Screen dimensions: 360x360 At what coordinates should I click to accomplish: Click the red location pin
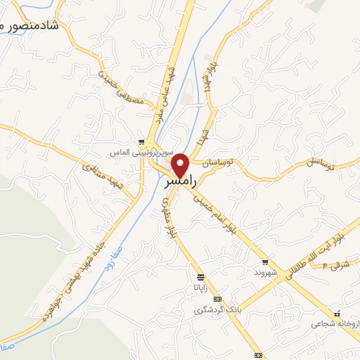click(x=181, y=165)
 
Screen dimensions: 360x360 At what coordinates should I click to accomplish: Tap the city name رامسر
click(x=180, y=182)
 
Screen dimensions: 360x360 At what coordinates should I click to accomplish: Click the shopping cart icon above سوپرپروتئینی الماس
click(x=143, y=141)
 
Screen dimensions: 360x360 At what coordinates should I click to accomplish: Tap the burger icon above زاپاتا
click(x=202, y=276)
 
